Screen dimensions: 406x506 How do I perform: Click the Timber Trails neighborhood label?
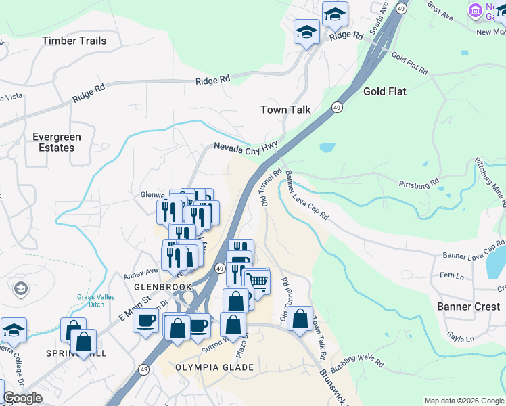(x=74, y=41)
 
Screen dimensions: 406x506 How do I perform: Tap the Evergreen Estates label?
(x=57, y=142)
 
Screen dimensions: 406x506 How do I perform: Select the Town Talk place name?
(x=285, y=110)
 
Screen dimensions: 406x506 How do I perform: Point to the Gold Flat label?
(x=384, y=91)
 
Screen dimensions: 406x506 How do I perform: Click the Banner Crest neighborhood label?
(x=468, y=307)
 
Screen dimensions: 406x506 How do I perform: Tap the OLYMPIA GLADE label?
(x=214, y=367)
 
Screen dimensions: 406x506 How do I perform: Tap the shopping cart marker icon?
(x=257, y=279)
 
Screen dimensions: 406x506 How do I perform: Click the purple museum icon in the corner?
(x=476, y=11)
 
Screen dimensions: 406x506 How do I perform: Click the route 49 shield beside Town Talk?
(x=337, y=108)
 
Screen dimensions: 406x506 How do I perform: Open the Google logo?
(x=22, y=398)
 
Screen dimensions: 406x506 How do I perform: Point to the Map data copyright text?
(x=463, y=401)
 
